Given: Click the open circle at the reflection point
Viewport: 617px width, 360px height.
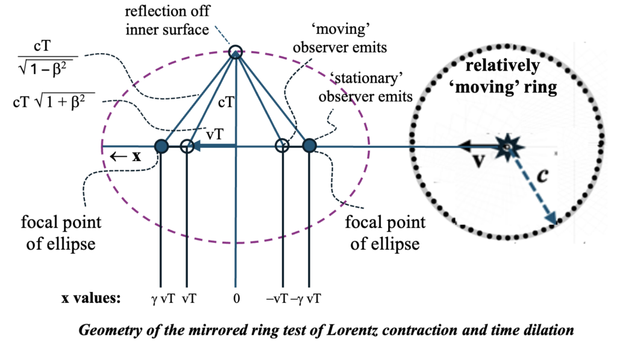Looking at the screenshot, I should tap(236, 52).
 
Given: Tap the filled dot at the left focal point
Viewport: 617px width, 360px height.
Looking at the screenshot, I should tap(161, 146).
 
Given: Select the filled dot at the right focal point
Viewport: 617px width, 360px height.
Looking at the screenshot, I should tap(309, 146).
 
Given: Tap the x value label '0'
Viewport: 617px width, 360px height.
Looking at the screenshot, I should tap(236, 298).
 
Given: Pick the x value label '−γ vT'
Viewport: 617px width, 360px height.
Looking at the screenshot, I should tap(305, 298).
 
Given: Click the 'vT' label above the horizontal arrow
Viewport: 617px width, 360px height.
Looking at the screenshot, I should tap(211, 134).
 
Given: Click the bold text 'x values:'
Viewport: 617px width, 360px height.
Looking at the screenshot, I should tap(91, 298).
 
